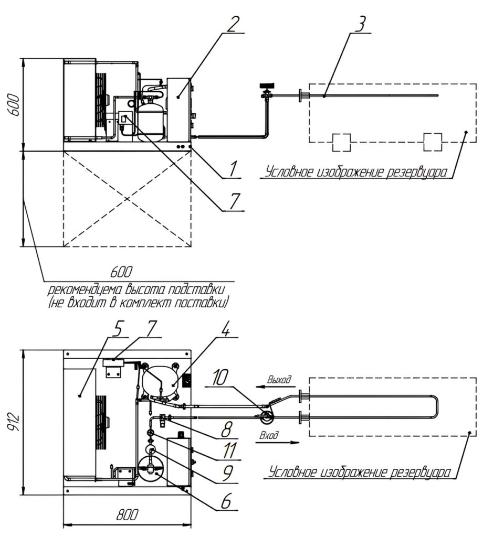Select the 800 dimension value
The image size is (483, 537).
[x=126, y=515]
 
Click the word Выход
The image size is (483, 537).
[x=278, y=379]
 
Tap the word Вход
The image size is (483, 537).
[x=269, y=435]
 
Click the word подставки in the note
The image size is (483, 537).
[x=200, y=289]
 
